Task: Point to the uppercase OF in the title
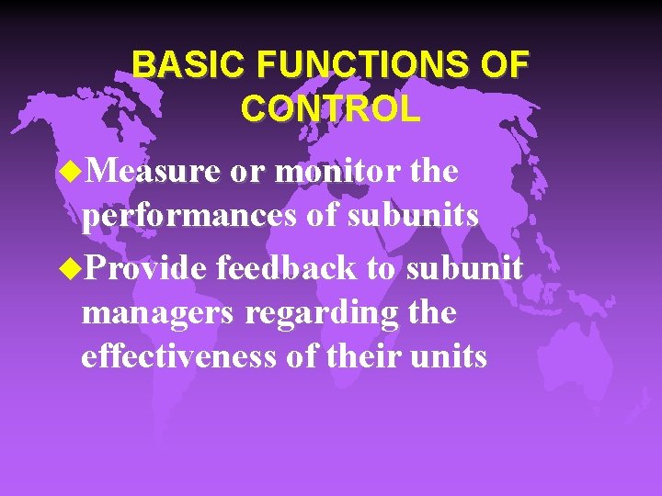[x=504, y=65]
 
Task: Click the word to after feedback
[x=384, y=269]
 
